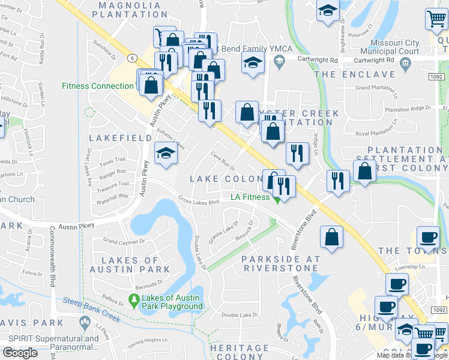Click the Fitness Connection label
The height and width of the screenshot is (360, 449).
(x=97, y=86)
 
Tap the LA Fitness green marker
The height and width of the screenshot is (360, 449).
(x=277, y=200)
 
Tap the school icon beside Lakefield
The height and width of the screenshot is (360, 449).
(x=165, y=152)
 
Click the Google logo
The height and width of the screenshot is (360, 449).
(x=20, y=353)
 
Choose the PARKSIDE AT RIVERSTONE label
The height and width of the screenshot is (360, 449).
(x=281, y=263)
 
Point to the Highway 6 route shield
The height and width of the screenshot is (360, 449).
(x=132, y=57)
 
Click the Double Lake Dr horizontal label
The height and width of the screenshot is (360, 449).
(x=240, y=315)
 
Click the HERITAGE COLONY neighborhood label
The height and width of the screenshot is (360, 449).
(x=240, y=352)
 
